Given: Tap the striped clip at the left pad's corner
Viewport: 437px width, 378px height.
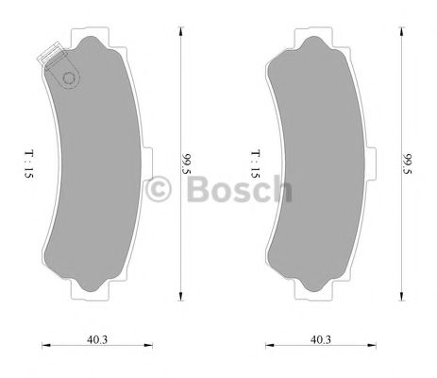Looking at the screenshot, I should [45, 60].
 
